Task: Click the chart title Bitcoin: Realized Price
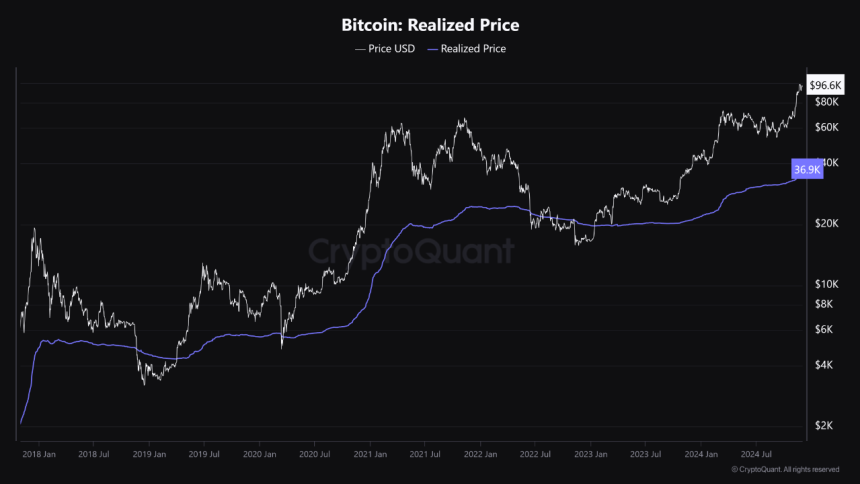pyautogui.click(x=430, y=24)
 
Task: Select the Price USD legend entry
pyautogui.click(x=387, y=48)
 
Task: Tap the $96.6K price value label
pyautogui.click(x=825, y=88)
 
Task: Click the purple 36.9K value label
pyautogui.click(x=806, y=170)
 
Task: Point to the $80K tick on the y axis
pyautogui.click(x=825, y=102)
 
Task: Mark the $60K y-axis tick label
pyautogui.click(x=825, y=127)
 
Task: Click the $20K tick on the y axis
pyautogui.click(x=825, y=224)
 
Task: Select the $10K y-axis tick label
pyautogui.click(x=825, y=284)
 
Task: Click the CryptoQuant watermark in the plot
pyautogui.click(x=411, y=249)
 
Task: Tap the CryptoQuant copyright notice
pyautogui.click(x=784, y=469)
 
